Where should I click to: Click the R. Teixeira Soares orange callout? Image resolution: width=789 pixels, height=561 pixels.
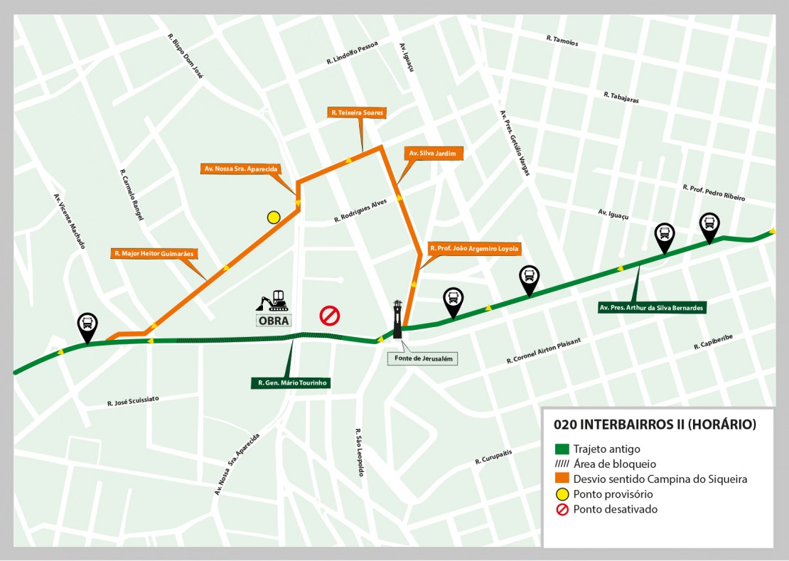click(357, 112)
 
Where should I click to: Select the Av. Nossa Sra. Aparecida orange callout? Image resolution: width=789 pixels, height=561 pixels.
click(240, 169)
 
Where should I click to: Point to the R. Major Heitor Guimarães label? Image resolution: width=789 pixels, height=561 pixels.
click(154, 253)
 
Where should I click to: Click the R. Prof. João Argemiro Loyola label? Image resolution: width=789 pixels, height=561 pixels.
click(474, 249)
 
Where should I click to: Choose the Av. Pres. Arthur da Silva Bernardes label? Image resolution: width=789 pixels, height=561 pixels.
click(651, 308)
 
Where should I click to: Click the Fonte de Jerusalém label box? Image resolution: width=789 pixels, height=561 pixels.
click(422, 359)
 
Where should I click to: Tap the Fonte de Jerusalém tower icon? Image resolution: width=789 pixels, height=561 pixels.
click(397, 319)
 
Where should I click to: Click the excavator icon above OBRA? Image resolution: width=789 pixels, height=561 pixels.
click(272, 301)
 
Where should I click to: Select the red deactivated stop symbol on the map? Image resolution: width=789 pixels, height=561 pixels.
click(329, 315)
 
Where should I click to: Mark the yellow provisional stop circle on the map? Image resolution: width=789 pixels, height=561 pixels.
click(274, 218)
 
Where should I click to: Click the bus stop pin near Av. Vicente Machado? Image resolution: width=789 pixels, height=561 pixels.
click(87, 326)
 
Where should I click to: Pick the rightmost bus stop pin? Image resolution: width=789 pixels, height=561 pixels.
click(709, 225)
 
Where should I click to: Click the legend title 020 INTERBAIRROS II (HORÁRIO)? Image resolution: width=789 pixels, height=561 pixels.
click(654, 424)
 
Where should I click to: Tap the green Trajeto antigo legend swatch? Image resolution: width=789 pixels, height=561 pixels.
click(562, 449)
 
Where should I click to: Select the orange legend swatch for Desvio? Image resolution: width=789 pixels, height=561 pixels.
click(562, 479)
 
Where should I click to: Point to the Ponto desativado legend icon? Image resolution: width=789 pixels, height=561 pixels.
click(562, 509)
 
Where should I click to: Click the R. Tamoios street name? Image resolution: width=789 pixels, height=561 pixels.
click(562, 41)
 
